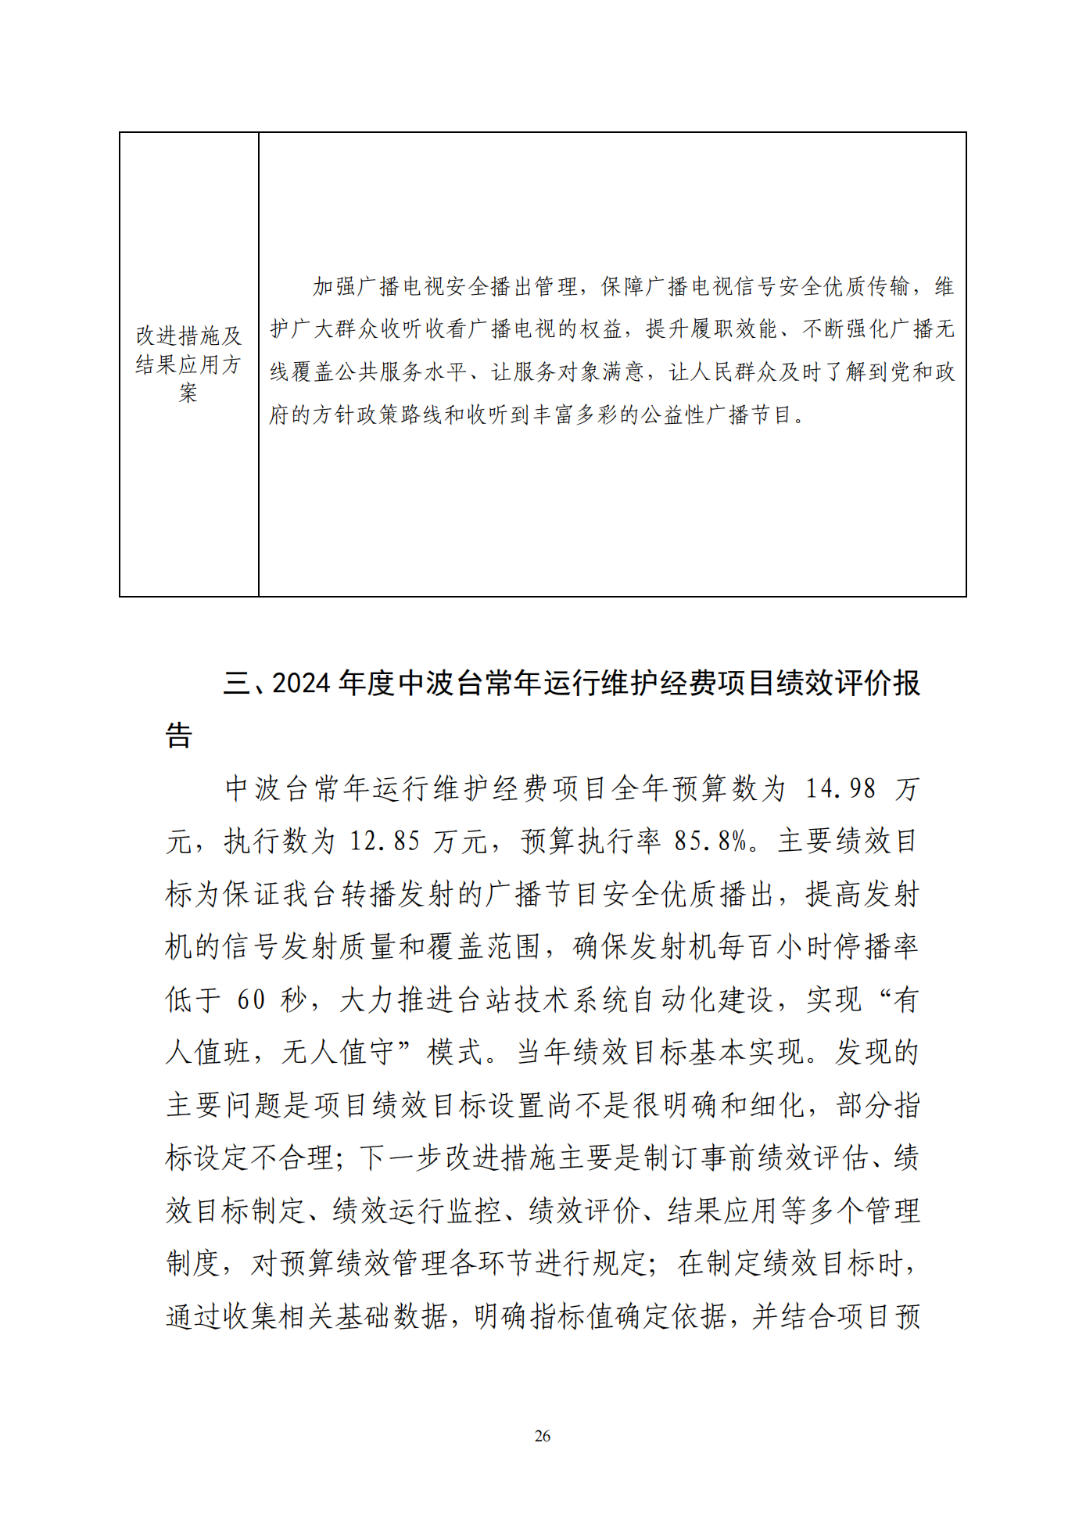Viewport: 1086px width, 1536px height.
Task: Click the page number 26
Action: [x=542, y=1436]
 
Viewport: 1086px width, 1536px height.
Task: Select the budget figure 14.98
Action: [x=840, y=788]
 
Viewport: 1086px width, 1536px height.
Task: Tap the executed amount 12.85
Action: [x=385, y=841]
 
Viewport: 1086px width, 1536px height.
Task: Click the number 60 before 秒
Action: [x=252, y=999]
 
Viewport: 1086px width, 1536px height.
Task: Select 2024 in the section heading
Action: [x=301, y=683]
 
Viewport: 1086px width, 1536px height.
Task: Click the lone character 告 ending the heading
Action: [x=179, y=735]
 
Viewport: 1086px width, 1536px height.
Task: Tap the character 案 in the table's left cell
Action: [x=188, y=393]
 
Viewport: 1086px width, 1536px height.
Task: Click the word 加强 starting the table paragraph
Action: [x=335, y=287]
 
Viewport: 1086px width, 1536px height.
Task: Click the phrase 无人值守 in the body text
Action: [x=340, y=1053]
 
